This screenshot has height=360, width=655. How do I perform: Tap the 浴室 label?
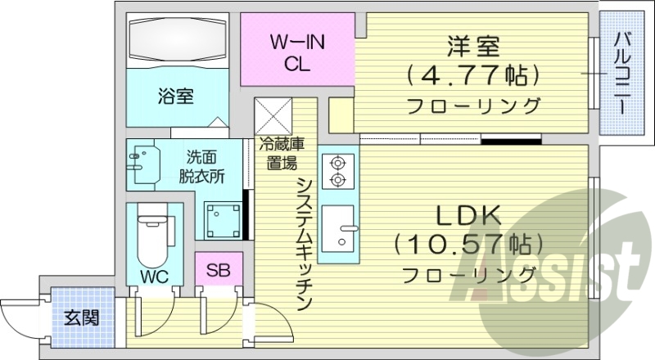pyautogui.click(x=175, y=97)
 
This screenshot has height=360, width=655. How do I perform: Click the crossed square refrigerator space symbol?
pyautogui.click(x=273, y=115)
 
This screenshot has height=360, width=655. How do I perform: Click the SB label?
pyautogui.click(x=218, y=268)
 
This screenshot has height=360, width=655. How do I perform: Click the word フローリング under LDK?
pyautogui.click(x=470, y=273)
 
